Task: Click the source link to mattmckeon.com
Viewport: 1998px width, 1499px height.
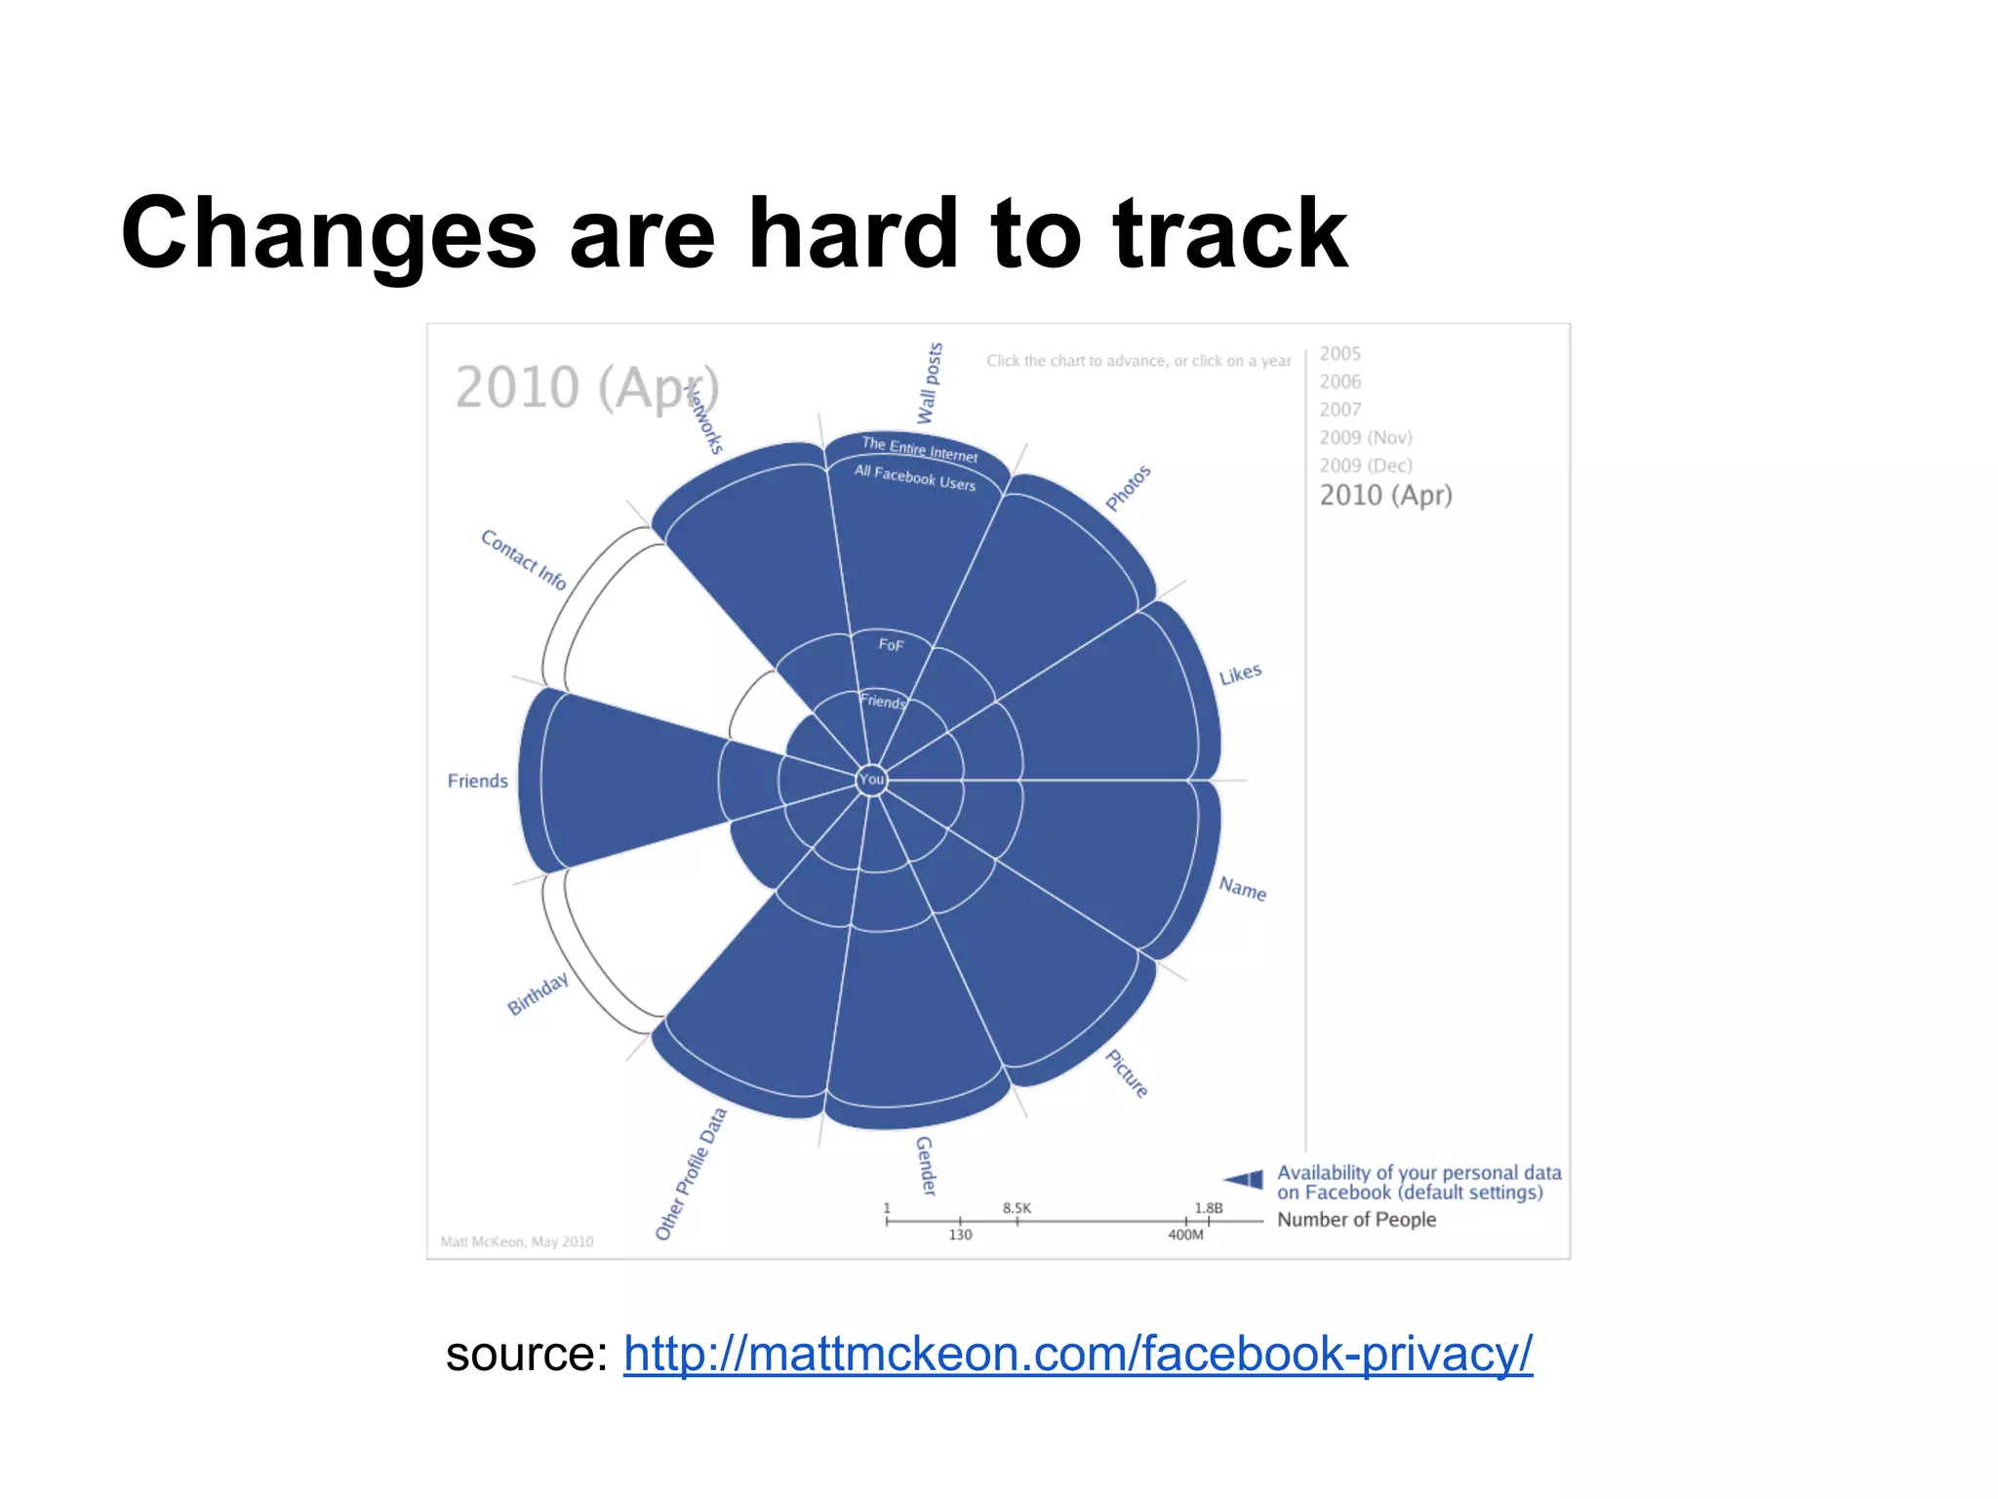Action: pos(1077,1355)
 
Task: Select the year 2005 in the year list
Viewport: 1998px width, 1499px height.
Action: pos(1339,353)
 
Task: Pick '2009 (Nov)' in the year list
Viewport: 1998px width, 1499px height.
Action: pos(1365,437)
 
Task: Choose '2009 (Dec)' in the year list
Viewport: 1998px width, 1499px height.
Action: pos(1365,466)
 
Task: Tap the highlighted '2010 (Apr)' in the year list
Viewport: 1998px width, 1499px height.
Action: pos(1385,496)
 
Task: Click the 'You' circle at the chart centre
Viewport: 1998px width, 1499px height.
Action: pos(871,779)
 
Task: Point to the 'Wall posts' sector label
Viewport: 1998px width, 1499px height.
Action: pos(930,383)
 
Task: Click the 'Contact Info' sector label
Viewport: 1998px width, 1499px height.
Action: pos(523,559)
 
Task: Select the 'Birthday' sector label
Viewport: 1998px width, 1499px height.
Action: pos(538,993)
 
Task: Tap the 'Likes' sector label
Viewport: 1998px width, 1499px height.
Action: pos(1240,674)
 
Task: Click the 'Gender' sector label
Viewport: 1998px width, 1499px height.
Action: pos(925,1165)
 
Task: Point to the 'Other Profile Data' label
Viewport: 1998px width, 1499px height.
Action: pos(691,1173)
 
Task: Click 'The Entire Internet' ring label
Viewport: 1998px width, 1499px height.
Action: pos(919,449)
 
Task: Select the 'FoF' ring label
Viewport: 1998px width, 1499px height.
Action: pos(891,645)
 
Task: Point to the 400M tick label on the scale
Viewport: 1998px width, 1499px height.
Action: pos(1185,1236)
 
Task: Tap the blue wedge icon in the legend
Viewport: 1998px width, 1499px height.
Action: pos(1244,1179)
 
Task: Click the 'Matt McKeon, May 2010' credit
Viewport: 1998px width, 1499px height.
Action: pos(517,1241)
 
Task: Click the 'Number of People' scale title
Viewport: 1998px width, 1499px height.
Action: pos(1356,1220)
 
